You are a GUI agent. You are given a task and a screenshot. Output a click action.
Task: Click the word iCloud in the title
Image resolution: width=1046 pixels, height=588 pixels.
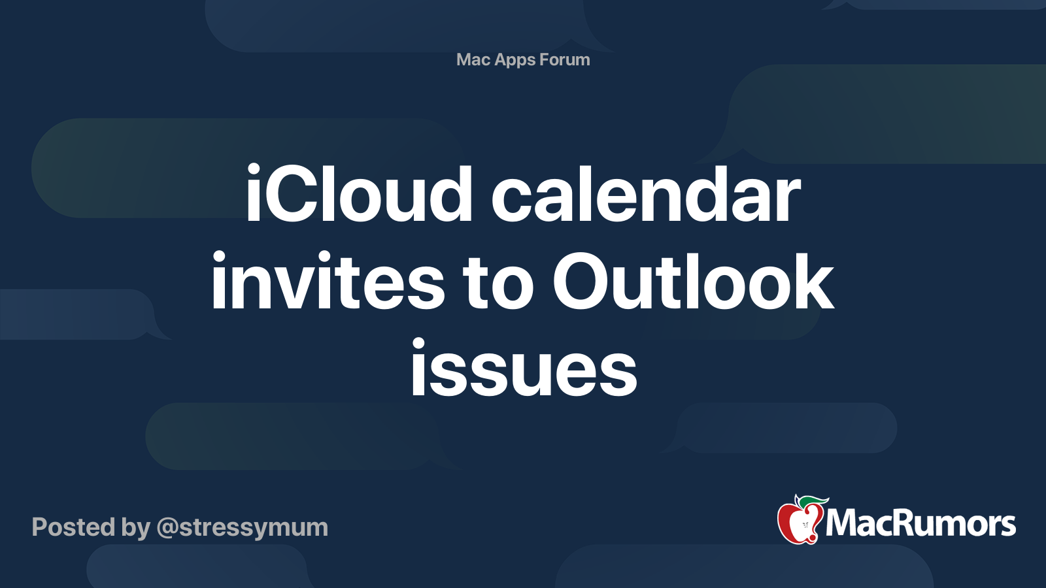click(x=359, y=193)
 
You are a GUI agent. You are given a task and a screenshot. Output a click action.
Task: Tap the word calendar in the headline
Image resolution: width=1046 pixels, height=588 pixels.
click(x=646, y=193)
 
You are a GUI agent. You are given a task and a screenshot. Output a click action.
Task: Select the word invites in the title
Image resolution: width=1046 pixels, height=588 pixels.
click(x=328, y=280)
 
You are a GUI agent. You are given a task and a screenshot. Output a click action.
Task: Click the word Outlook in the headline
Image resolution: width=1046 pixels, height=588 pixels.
click(x=692, y=280)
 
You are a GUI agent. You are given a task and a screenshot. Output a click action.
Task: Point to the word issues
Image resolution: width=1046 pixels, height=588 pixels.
click(x=524, y=368)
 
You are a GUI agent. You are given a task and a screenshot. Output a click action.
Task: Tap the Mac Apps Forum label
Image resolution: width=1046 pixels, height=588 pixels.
click(x=523, y=59)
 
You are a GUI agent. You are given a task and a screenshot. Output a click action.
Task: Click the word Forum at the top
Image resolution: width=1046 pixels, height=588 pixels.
click(x=564, y=59)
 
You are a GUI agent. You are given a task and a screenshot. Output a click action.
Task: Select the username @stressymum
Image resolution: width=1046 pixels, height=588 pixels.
click(x=243, y=529)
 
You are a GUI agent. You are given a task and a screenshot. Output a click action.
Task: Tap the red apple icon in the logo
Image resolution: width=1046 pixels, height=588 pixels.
click(x=800, y=522)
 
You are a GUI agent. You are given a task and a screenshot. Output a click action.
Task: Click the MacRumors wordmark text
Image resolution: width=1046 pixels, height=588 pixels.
click(x=920, y=523)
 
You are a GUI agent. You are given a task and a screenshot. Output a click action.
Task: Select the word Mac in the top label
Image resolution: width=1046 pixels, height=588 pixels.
click(x=473, y=59)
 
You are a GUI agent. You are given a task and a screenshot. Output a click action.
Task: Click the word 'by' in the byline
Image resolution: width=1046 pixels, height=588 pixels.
click(x=135, y=529)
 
